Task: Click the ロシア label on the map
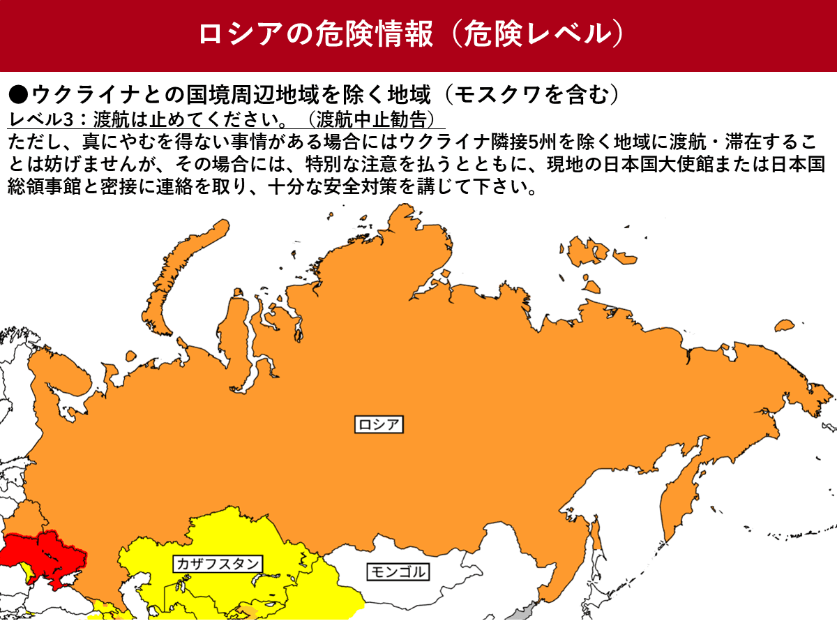click(380, 424)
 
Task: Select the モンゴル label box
click(397, 572)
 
